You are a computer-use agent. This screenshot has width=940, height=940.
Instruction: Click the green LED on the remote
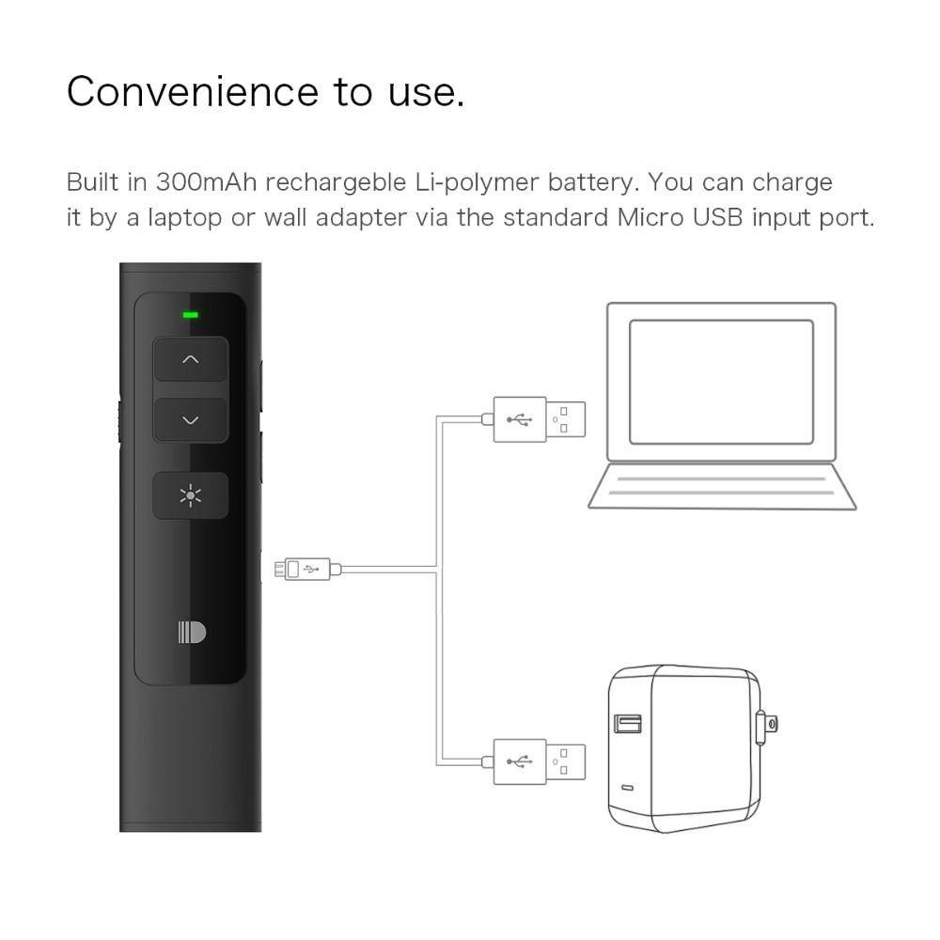click(x=191, y=314)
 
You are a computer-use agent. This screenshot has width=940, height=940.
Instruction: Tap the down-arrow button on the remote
click(x=191, y=420)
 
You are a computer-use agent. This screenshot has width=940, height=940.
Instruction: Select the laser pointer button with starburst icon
click(x=191, y=495)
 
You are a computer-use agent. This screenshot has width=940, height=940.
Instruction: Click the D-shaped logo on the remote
click(x=191, y=633)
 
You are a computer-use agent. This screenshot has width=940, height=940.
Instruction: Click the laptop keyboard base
click(x=721, y=486)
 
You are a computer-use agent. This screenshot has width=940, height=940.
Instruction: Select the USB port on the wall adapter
click(x=628, y=724)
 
